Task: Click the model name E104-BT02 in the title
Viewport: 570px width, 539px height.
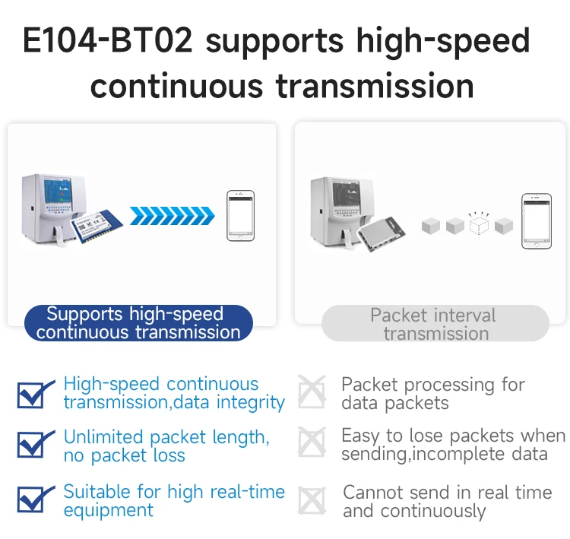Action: point(108,40)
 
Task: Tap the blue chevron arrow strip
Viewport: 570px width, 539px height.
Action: point(173,216)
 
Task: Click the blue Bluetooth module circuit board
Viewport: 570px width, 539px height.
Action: point(97,227)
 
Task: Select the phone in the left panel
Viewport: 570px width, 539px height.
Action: point(241,215)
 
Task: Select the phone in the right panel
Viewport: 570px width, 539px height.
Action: point(537,221)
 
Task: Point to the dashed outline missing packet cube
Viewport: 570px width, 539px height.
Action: point(479,224)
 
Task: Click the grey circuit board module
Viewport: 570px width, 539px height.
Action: point(381,234)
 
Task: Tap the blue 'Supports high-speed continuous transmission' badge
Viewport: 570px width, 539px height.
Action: point(138,323)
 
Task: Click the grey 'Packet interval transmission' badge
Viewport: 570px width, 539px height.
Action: point(435,323)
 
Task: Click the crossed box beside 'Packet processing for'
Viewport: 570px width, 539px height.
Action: point(312,392)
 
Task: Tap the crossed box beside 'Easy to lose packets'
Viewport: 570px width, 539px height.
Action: point(312,442)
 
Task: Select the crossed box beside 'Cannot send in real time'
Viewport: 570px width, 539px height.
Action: point(312,501)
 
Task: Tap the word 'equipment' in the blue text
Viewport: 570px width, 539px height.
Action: point(109,511)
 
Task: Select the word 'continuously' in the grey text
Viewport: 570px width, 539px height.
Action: point(433,512)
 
